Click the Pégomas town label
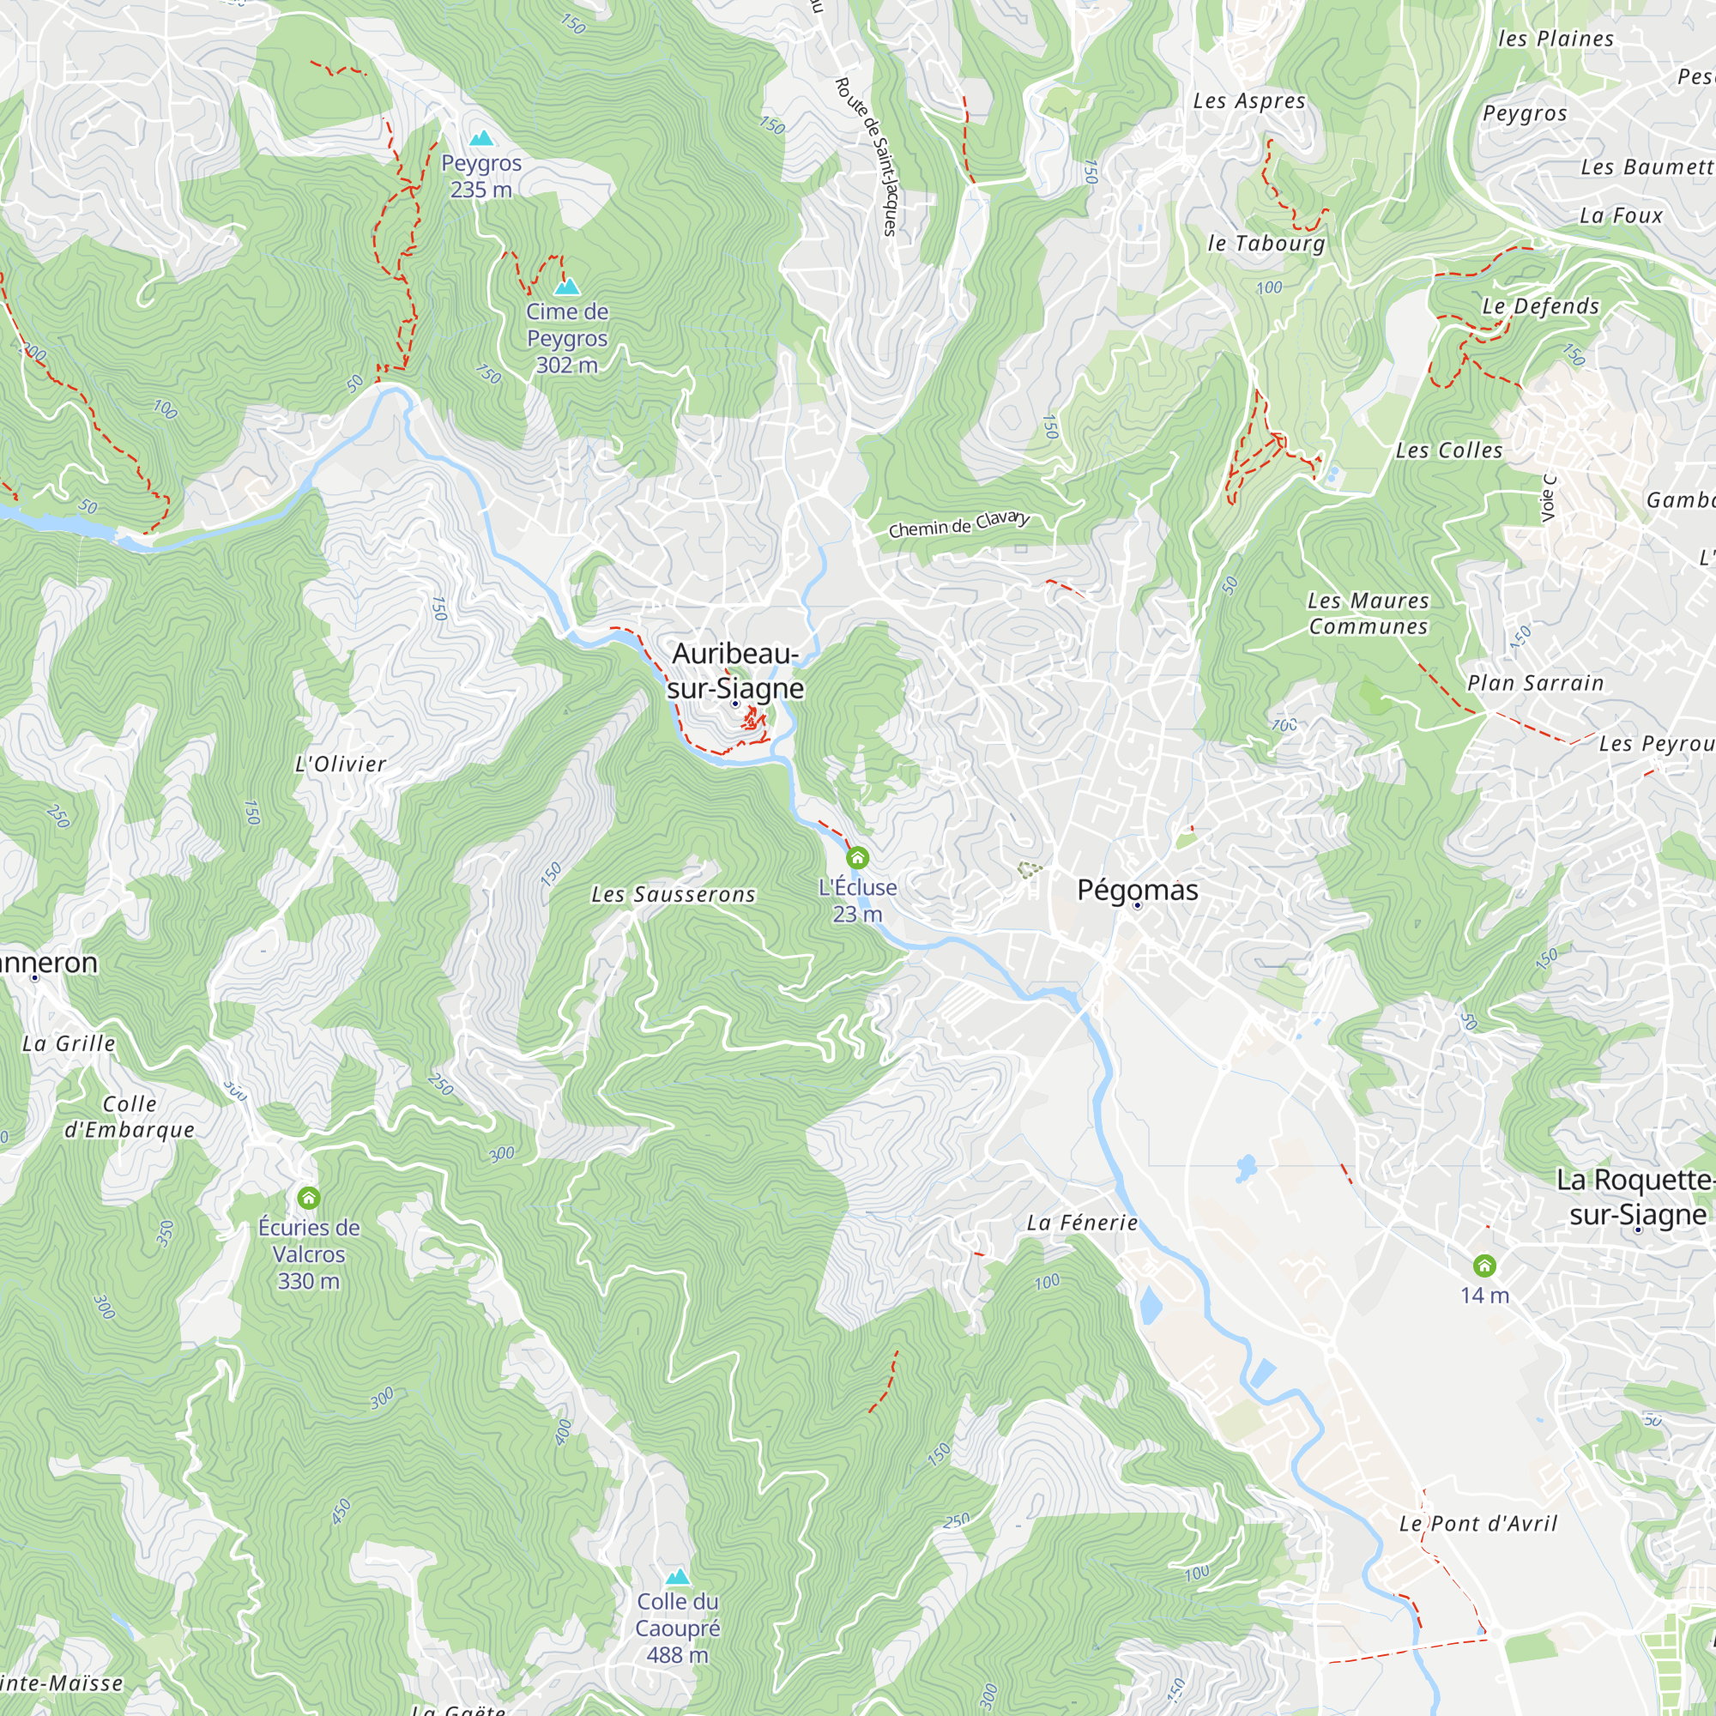click(x=1137, y=889)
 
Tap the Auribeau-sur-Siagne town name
click(x=735, y=671)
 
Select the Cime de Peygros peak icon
click(x=566, y=286)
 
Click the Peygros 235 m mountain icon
click(x=481, y=137)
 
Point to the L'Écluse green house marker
click(x=857, y=857)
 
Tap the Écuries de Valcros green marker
click(x=308, y=1197)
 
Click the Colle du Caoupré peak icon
click(x=678, y=1576)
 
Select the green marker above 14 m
click(x=1484, y=1265)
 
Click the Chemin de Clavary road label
click(x=959, y=525)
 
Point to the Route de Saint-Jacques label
click(x=867, y=155)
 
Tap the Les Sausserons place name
click(x=674, y=894)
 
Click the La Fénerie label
click(x=1082, y=1223)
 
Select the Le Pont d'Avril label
click(x=1478, y=1524)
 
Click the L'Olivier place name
click(x=340, y=764)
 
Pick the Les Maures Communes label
click(x=1368, y=613)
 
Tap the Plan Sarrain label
click(x=1535, y=683)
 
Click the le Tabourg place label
click(x=1266, y=244)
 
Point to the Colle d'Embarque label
click(x=130, y=1116)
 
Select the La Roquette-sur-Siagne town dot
click(x=1638, y=1230)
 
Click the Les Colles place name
click(x=1448, y=450)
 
